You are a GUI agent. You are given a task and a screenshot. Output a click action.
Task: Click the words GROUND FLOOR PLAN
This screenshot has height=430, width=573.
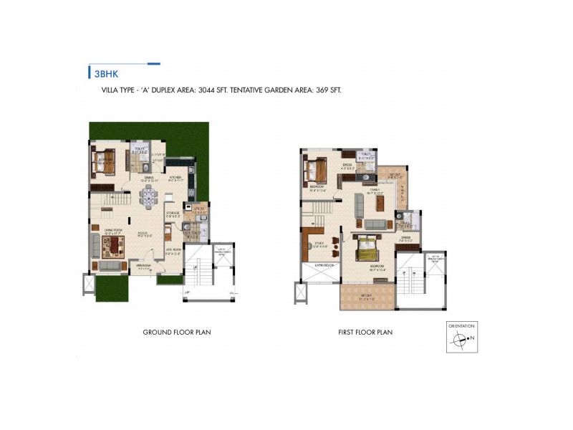click(x=177, y=333)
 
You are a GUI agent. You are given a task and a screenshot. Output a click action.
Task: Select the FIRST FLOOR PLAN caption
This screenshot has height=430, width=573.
click(x=366, y=333)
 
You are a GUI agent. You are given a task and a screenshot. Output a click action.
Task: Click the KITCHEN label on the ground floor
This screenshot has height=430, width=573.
click(x=175, y=176)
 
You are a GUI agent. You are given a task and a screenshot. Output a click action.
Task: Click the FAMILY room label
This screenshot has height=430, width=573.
click(x=374, y=189)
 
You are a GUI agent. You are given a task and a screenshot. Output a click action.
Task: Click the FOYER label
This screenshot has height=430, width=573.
click(x=144, y=231)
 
